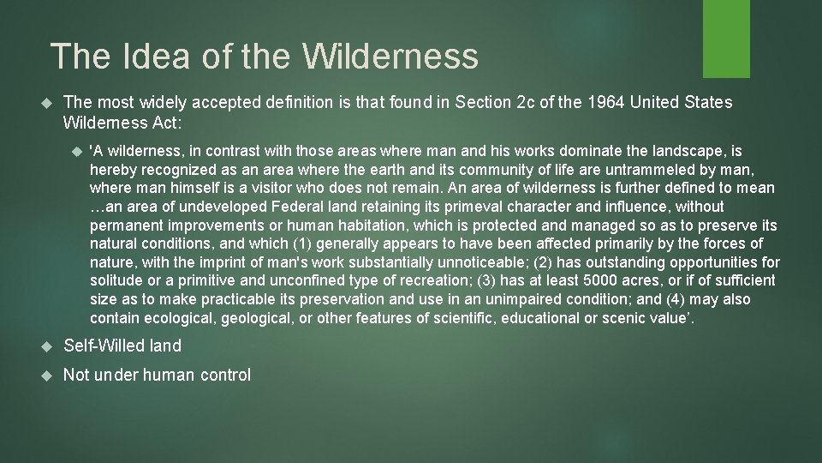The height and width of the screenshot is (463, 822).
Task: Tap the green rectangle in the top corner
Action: pos(726,38)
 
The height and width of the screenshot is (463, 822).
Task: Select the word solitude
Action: pos(118,281)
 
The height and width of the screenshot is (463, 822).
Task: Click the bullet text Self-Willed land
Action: pos(122,346)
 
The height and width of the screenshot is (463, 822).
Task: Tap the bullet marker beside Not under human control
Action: pos(47,376)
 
